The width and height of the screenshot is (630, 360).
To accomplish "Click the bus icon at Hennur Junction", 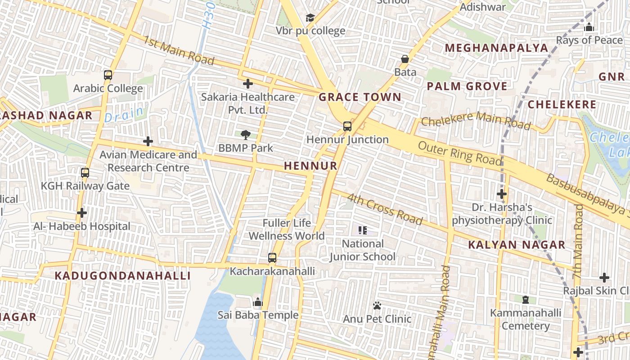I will [347, 126].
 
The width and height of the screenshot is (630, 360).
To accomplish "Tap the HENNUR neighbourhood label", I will [310, 166].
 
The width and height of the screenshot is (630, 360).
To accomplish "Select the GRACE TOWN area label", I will [360, 97].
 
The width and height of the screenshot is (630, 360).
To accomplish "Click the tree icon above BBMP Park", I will [245, 134].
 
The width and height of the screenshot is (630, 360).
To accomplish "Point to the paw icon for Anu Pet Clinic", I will [377, 306].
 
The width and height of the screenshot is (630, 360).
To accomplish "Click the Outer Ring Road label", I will [459, 153].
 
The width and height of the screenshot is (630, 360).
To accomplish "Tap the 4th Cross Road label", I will [385, 209].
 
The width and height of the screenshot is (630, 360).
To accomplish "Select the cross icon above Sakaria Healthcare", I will [247, 83].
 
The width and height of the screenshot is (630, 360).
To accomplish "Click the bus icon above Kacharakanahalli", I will [272, 258].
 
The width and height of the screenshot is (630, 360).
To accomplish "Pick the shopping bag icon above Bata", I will [405, 59].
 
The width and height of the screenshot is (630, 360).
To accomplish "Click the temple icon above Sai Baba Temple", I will [258, 301].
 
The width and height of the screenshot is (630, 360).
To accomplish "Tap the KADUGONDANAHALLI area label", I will [123, 276].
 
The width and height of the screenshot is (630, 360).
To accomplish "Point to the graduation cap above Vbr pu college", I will [310, 18].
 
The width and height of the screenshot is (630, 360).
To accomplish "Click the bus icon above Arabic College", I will [108, 75].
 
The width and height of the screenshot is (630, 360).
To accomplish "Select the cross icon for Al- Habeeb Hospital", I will [81, 212].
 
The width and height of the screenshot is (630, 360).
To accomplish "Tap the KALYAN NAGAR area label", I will [517, 245].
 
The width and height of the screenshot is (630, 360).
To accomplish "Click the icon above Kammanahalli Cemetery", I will [525, 299].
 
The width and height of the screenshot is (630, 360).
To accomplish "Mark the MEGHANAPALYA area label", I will [496, 48].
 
